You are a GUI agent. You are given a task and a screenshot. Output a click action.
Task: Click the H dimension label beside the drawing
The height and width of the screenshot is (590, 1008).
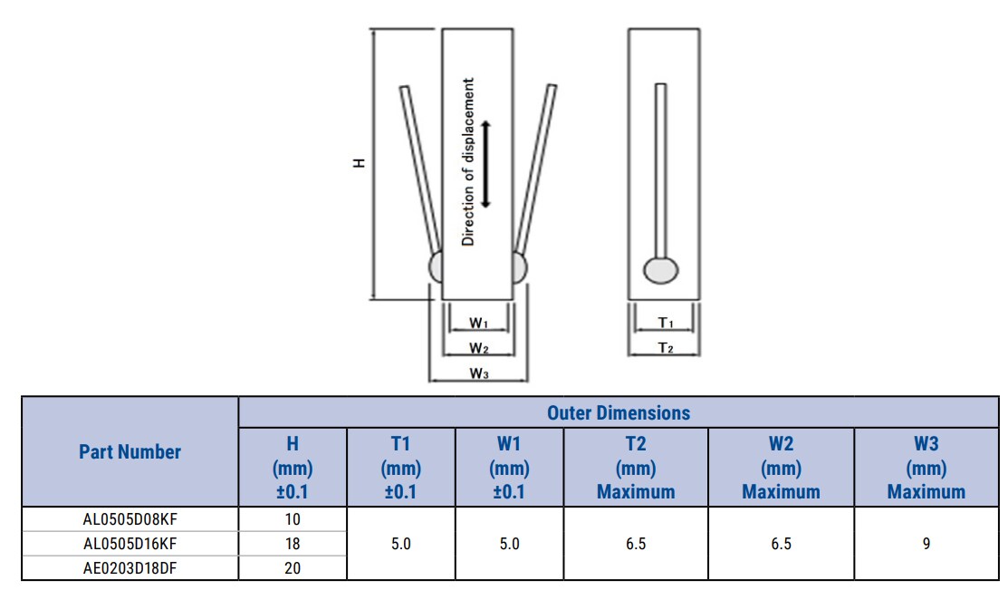point(360,163)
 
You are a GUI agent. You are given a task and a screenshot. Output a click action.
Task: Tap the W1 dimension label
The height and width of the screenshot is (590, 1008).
point(479,324)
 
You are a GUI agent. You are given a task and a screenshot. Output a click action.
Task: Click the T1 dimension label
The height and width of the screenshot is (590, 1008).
point(666,324)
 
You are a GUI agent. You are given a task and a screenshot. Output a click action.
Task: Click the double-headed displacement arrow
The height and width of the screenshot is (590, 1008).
point(486,164)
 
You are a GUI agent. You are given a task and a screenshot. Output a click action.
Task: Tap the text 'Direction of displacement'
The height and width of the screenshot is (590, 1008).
point(468,162)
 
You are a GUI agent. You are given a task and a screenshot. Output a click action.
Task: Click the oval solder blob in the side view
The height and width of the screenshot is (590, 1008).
point(661,270)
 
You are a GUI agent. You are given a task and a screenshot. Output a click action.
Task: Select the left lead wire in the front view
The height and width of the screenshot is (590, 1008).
point(418,168)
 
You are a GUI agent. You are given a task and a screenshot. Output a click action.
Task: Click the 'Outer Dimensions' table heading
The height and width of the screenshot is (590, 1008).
point(619,413)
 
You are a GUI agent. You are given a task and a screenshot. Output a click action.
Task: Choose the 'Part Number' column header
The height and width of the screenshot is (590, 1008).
point(130,452)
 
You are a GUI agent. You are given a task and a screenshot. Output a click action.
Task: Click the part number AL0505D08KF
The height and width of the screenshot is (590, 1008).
point(130,520)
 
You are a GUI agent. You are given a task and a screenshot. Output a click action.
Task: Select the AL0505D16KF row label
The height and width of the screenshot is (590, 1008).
point(130,545)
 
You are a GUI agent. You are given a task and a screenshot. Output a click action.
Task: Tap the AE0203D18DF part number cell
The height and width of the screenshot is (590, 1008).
point(130,569)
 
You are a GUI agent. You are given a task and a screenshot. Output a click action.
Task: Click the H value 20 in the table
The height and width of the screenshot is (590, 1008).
point(293,569)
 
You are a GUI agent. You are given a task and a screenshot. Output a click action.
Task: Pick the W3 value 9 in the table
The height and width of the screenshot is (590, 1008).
point(926,545)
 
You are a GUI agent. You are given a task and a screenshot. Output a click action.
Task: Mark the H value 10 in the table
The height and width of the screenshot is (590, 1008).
point(293,520)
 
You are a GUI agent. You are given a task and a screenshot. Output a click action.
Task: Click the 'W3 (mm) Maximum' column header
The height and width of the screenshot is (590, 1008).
point(926,468)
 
